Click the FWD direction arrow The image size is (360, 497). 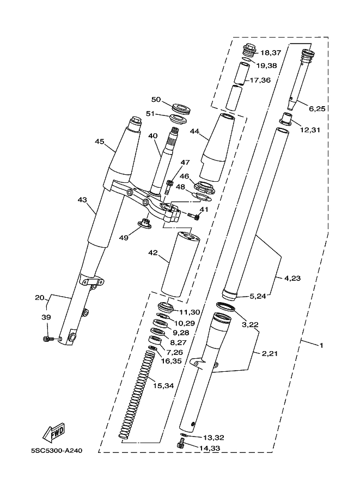54,432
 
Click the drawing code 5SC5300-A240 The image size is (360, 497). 57,450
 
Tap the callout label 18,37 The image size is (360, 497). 271,53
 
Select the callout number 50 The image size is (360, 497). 156,100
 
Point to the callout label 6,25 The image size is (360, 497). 317,109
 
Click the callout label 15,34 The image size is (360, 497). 163,386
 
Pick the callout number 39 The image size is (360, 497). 47,317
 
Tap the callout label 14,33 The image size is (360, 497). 210,448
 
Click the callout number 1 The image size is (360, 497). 321,345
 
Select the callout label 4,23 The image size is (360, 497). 292,278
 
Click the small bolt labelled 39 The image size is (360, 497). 47,339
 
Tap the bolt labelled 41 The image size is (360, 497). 193,216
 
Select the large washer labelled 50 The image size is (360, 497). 180,107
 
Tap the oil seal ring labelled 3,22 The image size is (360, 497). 226,306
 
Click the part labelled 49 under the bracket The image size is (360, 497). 145,223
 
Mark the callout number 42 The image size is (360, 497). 153,253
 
